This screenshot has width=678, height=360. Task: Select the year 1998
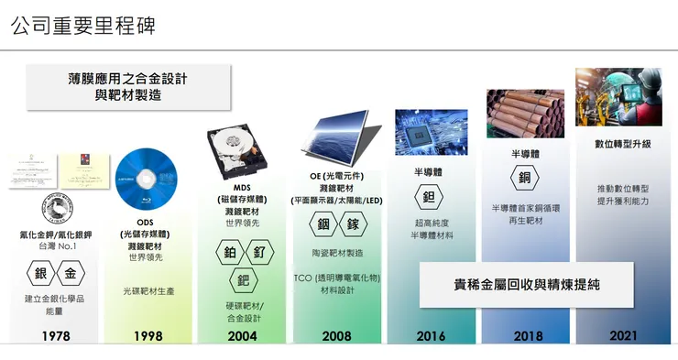148,336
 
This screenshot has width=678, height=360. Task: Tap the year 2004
243,336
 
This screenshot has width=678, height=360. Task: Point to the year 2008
336,336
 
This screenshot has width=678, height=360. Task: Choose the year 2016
431,336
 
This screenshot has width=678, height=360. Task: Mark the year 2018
528,336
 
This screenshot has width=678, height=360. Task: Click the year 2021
623,336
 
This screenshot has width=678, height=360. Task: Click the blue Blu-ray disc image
145,178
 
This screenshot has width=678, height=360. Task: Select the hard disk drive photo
242,148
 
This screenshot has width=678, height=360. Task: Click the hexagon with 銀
41,274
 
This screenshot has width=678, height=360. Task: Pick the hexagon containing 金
71,274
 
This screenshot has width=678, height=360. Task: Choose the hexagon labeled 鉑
229,252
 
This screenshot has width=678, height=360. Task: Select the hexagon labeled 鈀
243,279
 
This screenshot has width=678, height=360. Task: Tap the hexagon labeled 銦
323,224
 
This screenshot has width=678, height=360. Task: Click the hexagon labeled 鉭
430,197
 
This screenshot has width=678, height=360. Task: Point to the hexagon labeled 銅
525,178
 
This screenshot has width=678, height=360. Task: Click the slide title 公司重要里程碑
83,25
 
